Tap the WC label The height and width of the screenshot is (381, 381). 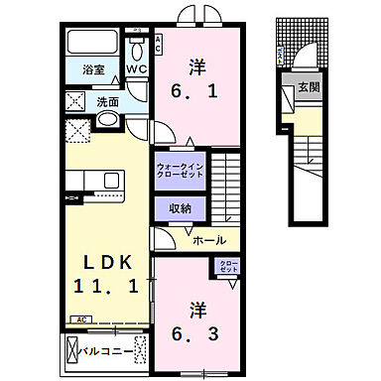pos(138,69)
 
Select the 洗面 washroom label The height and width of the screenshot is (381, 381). pos(106,100)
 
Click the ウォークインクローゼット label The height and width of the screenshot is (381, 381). pos(180,171)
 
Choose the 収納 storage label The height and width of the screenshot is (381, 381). pos(180,207)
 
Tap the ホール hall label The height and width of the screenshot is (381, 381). pos(207,240)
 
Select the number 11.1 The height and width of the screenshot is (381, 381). pos(103,287)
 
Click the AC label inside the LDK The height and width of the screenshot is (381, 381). pos(77,320)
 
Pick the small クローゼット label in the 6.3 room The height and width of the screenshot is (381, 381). pos(227,266)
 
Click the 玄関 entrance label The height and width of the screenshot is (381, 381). pos(311,89)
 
